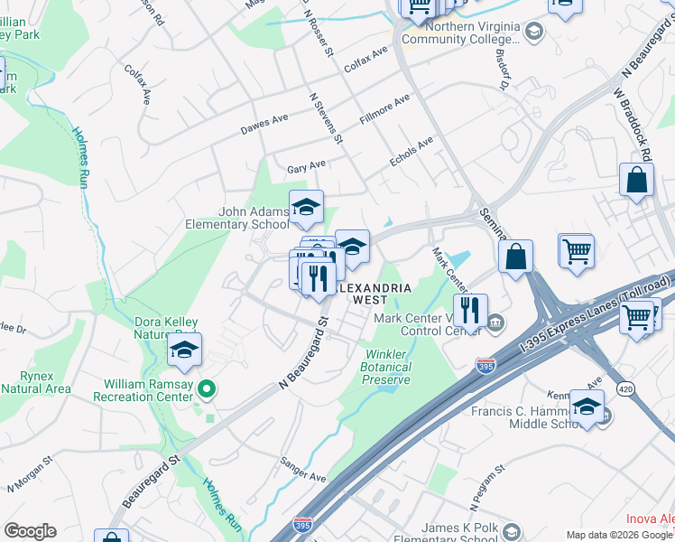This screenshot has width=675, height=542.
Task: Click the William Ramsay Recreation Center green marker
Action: (207, 389)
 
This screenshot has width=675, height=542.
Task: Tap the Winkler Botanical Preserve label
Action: (386, 368)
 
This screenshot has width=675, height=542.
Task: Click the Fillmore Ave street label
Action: (384, 107)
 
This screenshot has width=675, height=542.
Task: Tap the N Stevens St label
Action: (326, 117)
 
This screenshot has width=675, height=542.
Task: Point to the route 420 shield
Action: (624, 388)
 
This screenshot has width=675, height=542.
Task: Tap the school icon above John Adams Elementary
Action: (306, 209)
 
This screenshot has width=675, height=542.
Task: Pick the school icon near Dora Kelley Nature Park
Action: (184, 350)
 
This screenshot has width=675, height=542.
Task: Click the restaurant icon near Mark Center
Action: (469, 312)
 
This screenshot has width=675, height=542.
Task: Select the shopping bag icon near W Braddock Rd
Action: (636, 180)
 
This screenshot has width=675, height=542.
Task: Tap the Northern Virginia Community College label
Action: (473, 33)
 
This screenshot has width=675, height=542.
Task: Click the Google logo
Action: (30, 531)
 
